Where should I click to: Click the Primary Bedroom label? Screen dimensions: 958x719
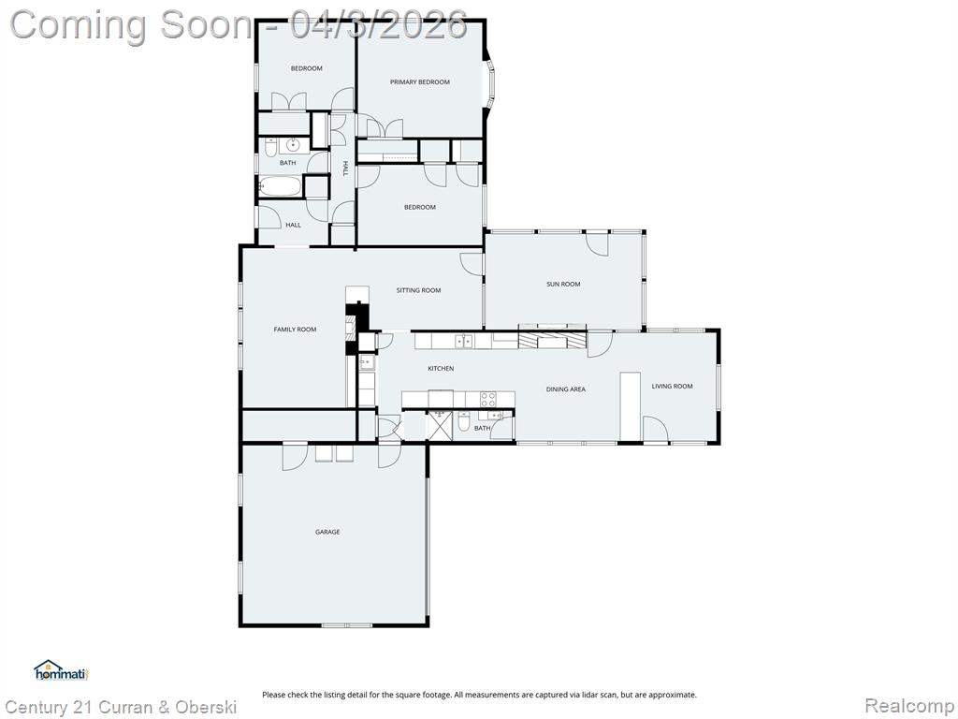point(420,82)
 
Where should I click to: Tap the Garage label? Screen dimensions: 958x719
point(327,532)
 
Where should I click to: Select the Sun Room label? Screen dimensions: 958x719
point(563,285)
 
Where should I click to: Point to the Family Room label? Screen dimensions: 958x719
point(295,330)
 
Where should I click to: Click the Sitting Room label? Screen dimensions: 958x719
point(418,290)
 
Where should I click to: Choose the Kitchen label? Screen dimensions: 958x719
point(441,369)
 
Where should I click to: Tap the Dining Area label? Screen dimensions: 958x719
point(566,389)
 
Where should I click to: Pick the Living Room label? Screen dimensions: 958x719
point(672,387)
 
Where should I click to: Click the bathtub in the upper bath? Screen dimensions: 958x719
point(281,186)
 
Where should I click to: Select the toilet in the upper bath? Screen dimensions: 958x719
point(270,147)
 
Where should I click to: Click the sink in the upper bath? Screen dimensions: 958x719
point(294,145)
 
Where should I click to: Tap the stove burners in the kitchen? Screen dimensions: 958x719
point(488,400)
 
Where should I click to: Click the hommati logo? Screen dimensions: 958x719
point(61,670)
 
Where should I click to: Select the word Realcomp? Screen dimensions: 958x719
point(909,706)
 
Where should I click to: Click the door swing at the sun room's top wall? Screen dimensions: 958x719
point(598,243)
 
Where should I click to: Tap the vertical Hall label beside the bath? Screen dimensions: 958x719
point(344,169)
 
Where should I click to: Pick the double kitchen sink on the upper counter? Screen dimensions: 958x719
point(464,341)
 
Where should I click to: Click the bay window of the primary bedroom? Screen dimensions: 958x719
point(490,85)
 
